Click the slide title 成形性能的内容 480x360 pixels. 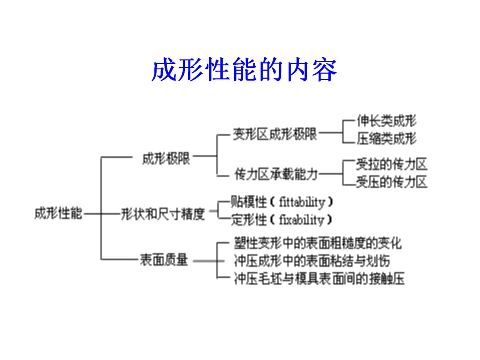(x=244, y=71)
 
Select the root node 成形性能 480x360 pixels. (x=58, y=214)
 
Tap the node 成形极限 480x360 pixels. (x=166, y=159)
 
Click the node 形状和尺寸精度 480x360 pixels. (x=163, y=215)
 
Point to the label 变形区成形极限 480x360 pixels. (x=275, y=134)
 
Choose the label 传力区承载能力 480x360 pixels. (x=276, y=174)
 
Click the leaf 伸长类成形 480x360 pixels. (x=386, y=121)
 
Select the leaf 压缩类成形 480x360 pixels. (x=386, y=139)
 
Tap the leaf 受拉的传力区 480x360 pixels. (x=391, y=164)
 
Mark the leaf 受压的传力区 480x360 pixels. (x=391, y=182)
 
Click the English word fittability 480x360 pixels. (x=302, y=203)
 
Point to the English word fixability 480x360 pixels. (x=302, y=220)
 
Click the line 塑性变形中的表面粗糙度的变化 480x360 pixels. (x=317, y=243)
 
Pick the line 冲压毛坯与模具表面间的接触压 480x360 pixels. (x=319, y=279)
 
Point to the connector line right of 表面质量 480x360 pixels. (x=204, y=261)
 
